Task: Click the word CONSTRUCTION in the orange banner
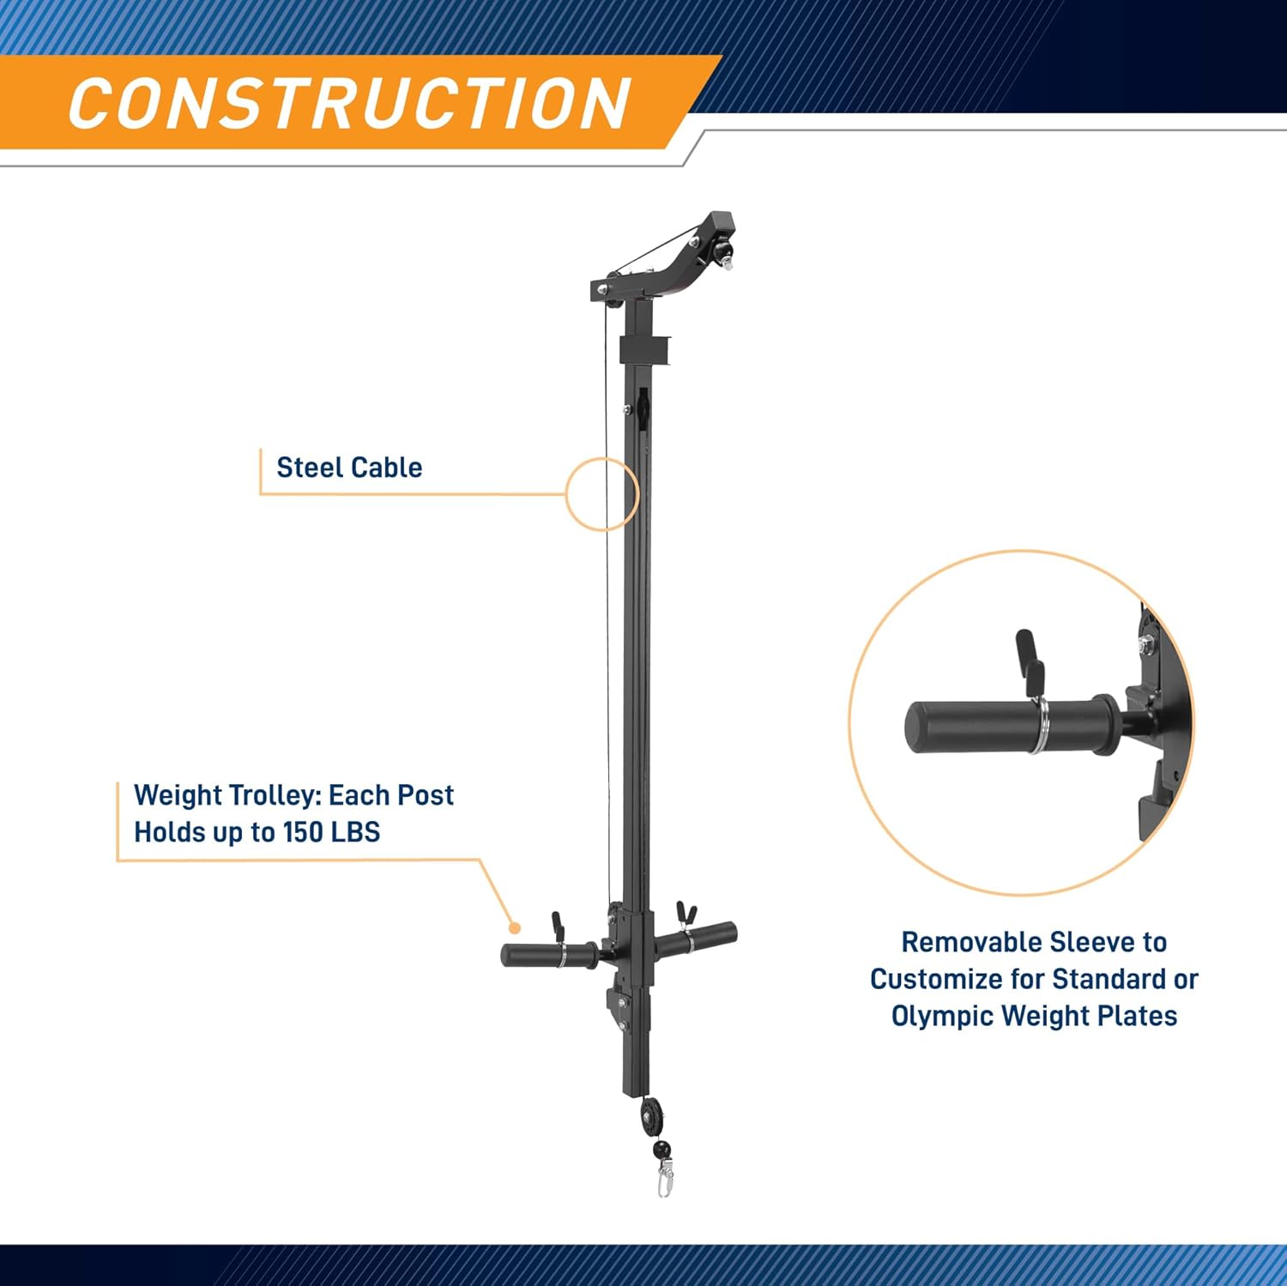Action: coord(350,103)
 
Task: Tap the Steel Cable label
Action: coord(349,468)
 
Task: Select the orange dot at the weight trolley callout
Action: coord(515,927)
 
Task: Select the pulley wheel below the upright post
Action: coord(651,1118)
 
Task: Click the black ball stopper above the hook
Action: coord(662,1150)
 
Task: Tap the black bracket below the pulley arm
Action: coord(644,350)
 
